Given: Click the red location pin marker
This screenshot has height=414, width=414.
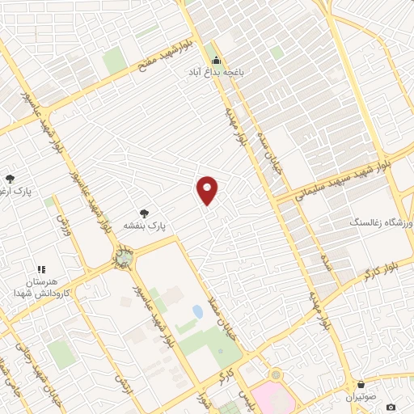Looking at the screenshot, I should click(208, 189).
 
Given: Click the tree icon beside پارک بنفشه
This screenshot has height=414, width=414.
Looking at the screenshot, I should click(144, 213).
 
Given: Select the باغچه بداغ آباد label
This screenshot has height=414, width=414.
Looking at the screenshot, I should click(217, 73).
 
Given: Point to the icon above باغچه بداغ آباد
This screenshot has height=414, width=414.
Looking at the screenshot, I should click(216, 60).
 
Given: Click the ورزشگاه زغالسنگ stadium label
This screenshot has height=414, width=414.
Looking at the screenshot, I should click(380, 222).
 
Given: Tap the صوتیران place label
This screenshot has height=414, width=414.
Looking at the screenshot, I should click(361, 398).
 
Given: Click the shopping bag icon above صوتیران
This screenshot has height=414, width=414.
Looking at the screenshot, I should click(361, 384).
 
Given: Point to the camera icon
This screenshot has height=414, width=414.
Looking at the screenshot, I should click(391, 407).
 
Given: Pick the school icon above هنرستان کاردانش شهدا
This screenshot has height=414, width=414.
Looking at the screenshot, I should click(42, 269).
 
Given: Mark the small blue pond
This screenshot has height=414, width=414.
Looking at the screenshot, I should click(197, 311).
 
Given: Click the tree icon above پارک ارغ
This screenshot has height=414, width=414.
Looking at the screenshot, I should click(10, 179).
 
